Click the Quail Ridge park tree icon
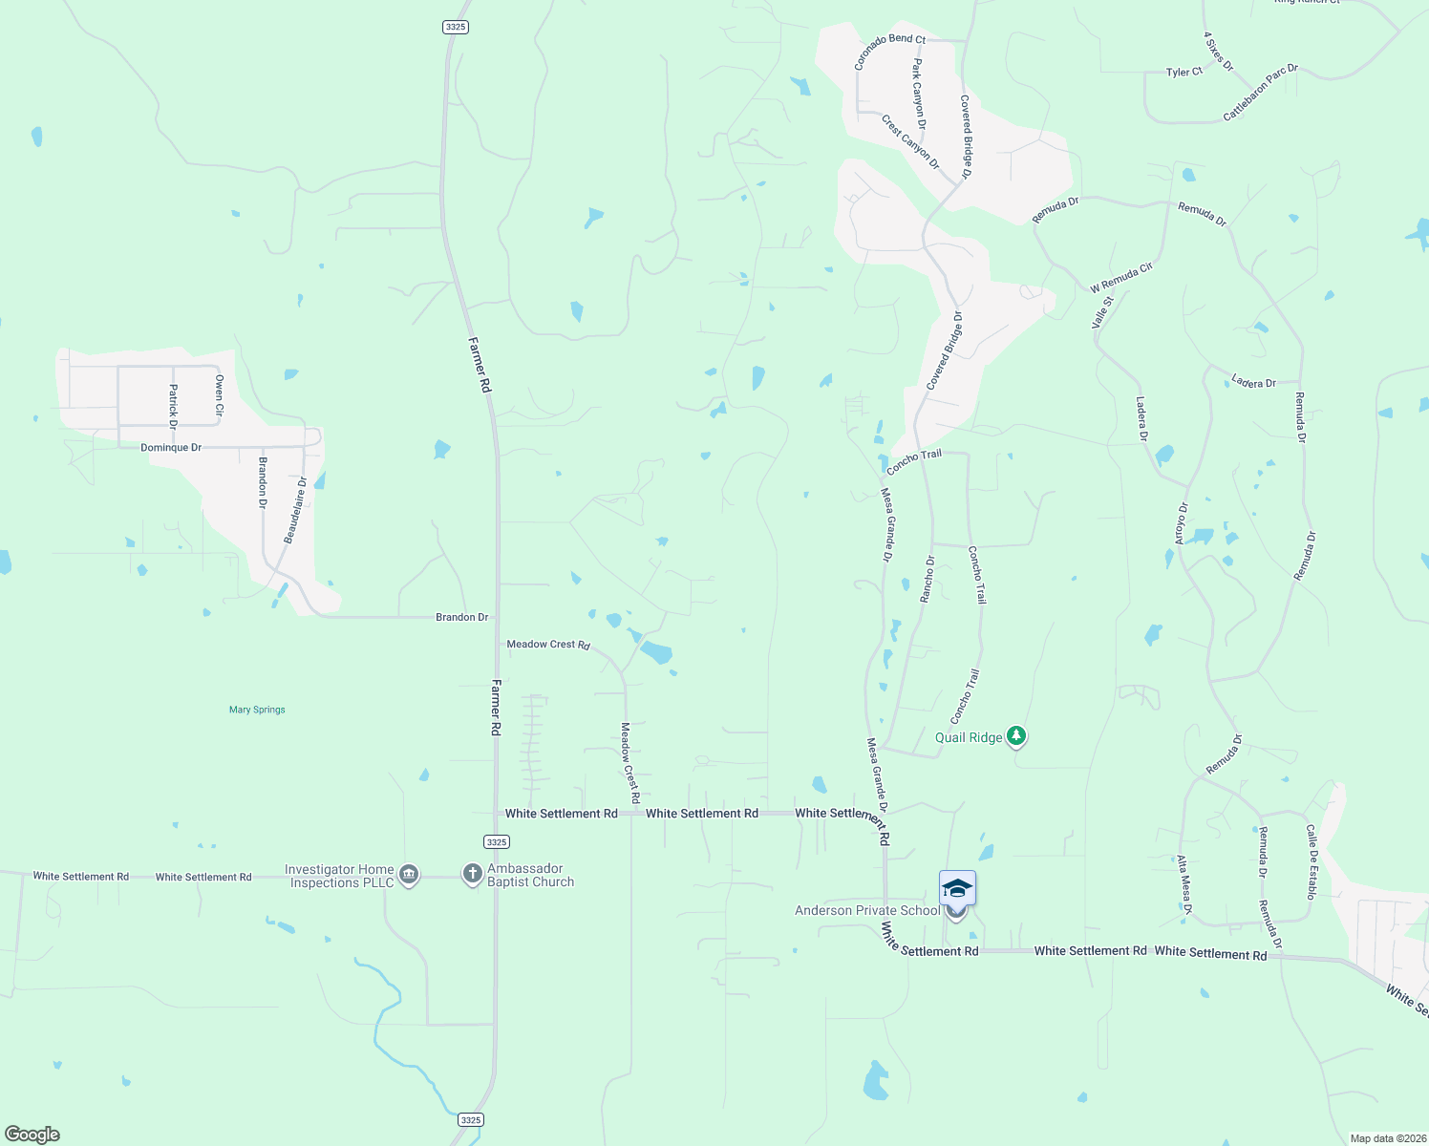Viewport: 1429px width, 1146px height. point(1017,736)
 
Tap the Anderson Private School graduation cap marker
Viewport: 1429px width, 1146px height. point(957,889)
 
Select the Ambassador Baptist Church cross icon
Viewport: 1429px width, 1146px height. point(472,874)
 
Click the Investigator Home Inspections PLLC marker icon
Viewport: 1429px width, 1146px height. point(409,875)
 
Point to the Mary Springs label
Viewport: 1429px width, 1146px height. point(257,710)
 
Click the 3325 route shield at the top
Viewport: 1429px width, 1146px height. point(456,27)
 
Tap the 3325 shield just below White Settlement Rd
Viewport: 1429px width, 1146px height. point(496,841)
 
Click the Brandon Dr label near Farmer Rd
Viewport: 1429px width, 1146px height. point(461,617)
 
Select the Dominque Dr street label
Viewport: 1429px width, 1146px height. point(171,447)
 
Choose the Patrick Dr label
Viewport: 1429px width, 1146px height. point(173,406)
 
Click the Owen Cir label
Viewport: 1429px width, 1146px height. point(219,395)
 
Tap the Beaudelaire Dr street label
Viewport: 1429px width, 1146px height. point(294,511)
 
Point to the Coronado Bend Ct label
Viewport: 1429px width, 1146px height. point(889,52)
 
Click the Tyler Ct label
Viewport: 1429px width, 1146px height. point(1184,72)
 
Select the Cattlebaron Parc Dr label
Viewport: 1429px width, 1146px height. point(1261,93)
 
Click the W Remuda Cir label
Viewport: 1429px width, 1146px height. point(1121,278)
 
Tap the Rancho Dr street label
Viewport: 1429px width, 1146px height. point(927,579)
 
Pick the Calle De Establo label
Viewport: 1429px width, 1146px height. point(1311,861)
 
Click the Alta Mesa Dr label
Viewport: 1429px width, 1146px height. point(1184,885)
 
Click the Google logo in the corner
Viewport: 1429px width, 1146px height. point(32,1135)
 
